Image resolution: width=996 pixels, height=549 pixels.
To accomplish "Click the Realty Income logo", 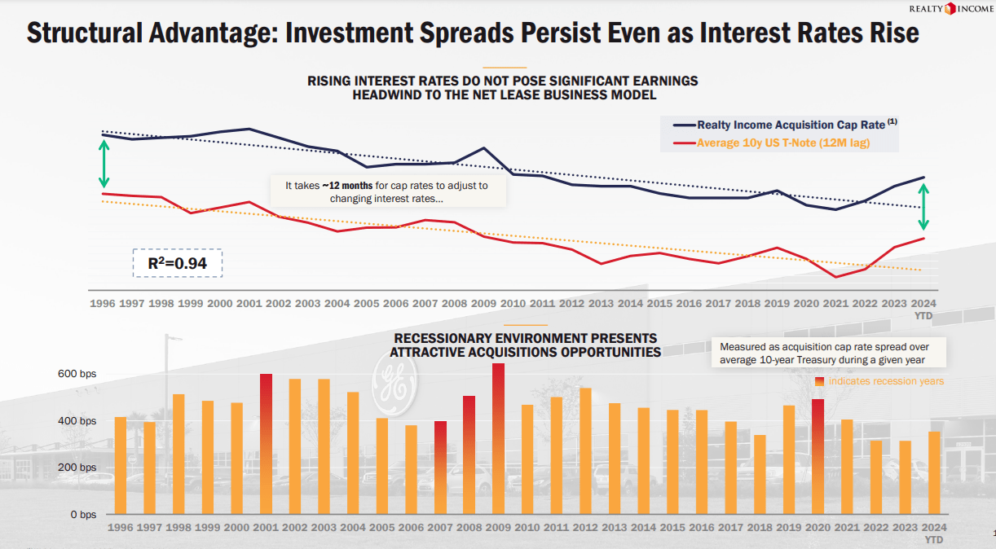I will point(948,9).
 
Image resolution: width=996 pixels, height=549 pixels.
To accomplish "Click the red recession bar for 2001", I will point(266,443).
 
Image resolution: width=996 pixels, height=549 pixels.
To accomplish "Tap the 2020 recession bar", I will point(818,456).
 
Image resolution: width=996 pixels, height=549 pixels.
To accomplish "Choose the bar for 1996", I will point(121,465).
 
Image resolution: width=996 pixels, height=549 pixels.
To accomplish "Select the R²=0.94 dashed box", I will point(178,263).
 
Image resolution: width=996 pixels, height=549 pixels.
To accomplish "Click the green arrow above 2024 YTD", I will point(923,209).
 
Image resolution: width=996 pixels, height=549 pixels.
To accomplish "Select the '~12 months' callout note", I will point(386,191).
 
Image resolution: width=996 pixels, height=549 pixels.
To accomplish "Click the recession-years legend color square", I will point(819,381).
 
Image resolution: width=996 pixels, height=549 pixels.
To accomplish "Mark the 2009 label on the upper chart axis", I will point(484,303).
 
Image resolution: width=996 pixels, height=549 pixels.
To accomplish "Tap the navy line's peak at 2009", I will point(484,148).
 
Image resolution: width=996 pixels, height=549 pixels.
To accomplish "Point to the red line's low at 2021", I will point(836,277).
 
